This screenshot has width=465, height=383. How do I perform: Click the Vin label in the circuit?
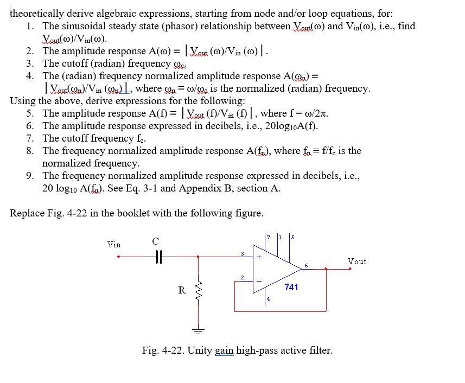pos(114,245)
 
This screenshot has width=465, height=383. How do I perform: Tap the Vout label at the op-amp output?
pos(357,261)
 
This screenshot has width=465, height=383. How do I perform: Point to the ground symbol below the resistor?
pos(198,330)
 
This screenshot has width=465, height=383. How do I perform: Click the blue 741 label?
pos(291,287)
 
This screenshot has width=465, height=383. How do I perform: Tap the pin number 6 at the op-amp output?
pos(306,265)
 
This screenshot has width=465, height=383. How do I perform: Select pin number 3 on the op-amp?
pos(242,253)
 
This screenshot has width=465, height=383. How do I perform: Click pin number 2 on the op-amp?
pos(242,278)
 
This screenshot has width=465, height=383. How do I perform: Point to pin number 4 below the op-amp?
pos(268,298)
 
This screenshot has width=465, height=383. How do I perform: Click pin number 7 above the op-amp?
pos(268,237)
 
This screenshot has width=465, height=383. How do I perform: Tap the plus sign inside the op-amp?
pos(259,257)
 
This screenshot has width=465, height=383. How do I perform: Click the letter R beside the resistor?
pos(182,290)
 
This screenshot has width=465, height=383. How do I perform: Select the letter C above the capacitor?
pos(156,240)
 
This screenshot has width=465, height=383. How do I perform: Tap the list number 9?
pos(30,176)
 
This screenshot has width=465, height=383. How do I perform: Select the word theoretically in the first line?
pos(37,14)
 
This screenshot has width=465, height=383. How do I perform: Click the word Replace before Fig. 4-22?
pos(28,213)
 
